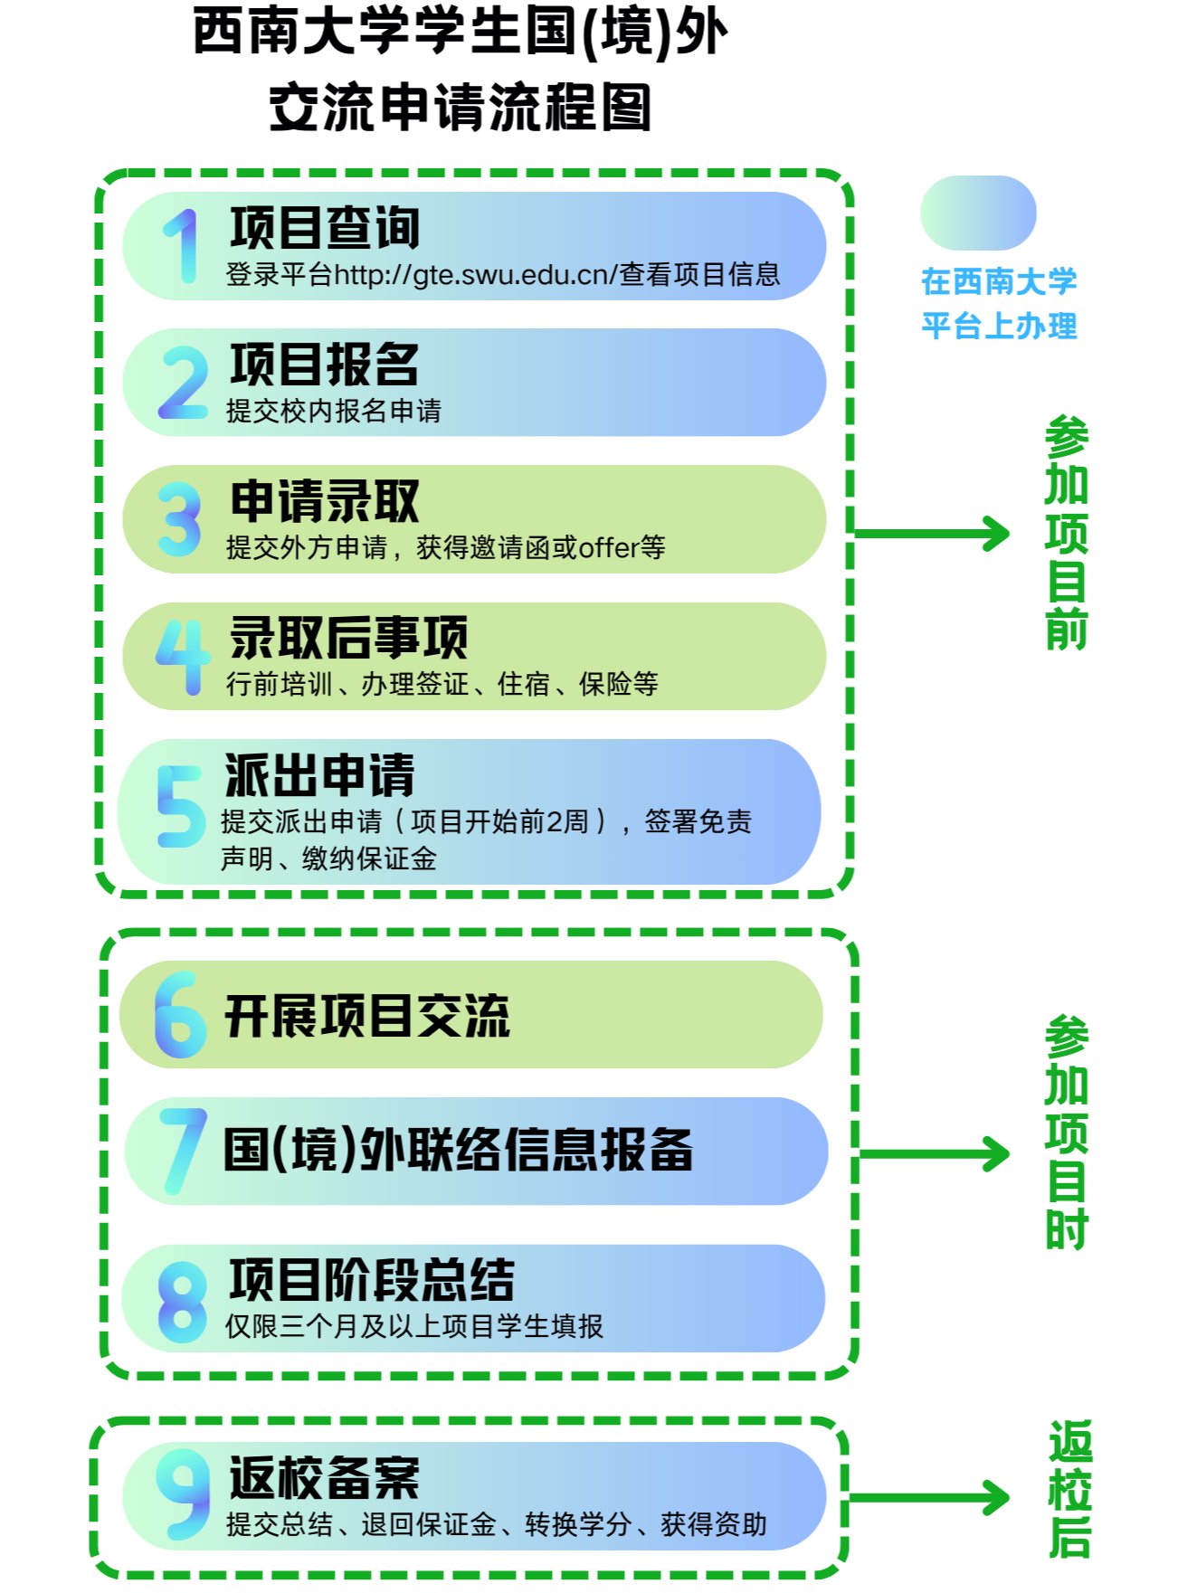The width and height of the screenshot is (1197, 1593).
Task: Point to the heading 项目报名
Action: click(324, 365)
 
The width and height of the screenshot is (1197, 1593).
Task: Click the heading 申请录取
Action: click(324, 501)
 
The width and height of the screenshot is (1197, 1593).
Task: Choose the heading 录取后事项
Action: click(348, 638)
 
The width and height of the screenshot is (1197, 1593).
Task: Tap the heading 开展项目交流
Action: click(367, 1016)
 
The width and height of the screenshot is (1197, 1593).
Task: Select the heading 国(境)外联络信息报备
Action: click(458, 1151)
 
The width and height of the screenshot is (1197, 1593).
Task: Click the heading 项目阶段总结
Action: click(372, 1280)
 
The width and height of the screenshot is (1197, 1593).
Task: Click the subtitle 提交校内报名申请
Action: click(334, 412)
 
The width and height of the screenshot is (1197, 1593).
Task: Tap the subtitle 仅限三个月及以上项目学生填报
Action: click(413, 1327)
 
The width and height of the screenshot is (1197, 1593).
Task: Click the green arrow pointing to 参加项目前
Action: click(932, 533)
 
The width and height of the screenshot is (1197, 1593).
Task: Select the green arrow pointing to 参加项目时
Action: click(934, 1154)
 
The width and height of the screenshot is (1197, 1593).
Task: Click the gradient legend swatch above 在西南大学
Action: click(977, 213)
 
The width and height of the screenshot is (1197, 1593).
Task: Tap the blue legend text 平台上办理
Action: click(999, 326)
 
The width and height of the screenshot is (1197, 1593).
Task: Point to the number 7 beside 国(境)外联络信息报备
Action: click(183, 1151)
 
